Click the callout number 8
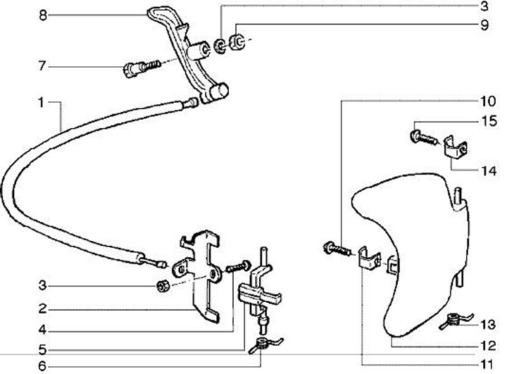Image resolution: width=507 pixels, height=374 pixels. pos(43,15)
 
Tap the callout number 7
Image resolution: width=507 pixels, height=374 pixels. pos(42,66)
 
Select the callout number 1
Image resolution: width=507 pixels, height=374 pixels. pos(41,103)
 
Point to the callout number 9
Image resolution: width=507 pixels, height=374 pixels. pos(484,25)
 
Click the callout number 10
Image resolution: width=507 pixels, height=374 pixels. pos(488,101)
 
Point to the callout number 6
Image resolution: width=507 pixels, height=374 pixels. pos(42,366)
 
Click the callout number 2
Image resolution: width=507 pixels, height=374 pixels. pos(43,309)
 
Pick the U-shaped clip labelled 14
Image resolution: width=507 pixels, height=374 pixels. pos(456,148)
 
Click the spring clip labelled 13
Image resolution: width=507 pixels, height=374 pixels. pos(456,320)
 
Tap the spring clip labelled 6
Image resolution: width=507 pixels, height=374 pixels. pos(265,344)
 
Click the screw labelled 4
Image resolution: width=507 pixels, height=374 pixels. pos(239,266)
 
